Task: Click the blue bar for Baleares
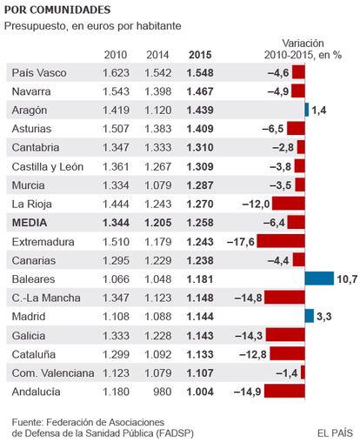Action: click(319, 279)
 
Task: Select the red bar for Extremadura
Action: click(281, 241)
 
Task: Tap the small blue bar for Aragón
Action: click(307, 110)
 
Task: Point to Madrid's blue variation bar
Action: click(310, 316)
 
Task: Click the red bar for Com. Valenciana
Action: click(303, 373)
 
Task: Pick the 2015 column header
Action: click(200, 55)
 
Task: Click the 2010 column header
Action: click(116, 55)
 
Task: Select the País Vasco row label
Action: click(39, 72)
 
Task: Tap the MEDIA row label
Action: click(30, 223)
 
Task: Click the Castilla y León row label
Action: click(48, 167)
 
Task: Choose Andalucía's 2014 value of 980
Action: click(163, 392)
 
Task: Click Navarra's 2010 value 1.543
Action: click(116, 91)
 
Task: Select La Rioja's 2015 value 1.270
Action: click(200, 204)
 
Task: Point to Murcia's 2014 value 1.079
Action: click(158, 185)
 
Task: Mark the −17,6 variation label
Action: click(241, 241)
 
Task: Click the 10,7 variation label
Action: click(347, 279)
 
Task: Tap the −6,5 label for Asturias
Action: click(273, 129)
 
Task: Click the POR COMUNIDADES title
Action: click(57, 10)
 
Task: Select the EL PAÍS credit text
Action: click(335, 433)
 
